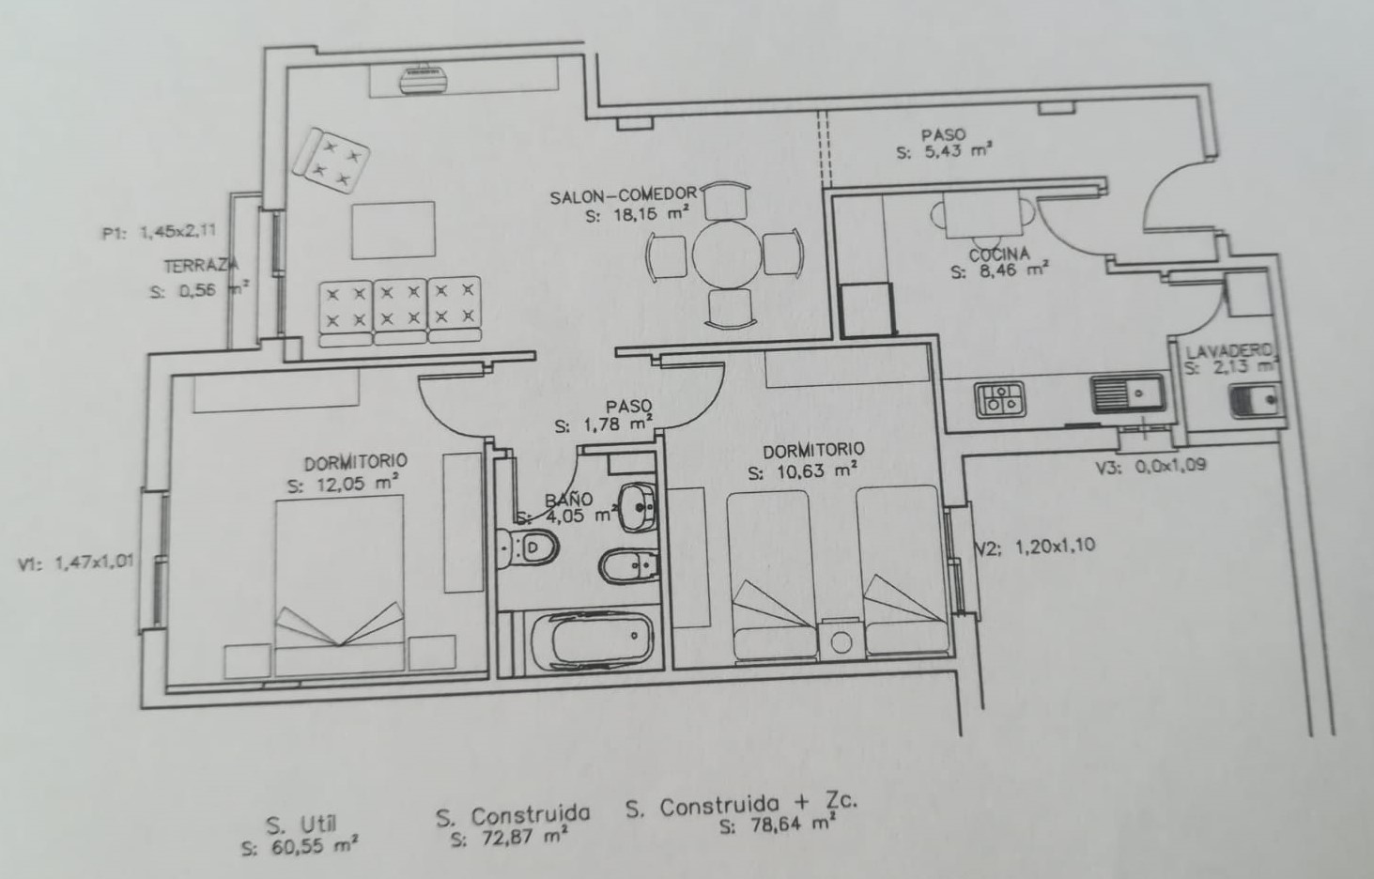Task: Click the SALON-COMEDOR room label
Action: click(x=624, y=195)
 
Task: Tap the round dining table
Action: click(x=727, y=254)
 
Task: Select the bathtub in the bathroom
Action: click(x=592, y=640)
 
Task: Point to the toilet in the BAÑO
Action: click(x=528, y=547)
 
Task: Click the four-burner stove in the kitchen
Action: click(x=1000, y=399)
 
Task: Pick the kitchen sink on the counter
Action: click(x=1128, y=394)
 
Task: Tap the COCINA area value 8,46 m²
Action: click(x=999, y=270)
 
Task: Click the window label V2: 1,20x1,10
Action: click(x=1036, y=546)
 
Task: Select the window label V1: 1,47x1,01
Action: click(x=76, y=563)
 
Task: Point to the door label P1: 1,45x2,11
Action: click(x=160, y=233)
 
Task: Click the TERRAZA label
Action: click(x=201, y=266)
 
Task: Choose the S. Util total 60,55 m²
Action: click(x=300, y=848)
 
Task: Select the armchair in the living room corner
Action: click(x=331, y=162)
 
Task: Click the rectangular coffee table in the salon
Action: click(x=394, y=230)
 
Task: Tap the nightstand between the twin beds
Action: click(x=841, y=640)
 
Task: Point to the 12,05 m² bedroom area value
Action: click(x=344, y=484)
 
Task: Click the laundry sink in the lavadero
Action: click(x=1256, y=401)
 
